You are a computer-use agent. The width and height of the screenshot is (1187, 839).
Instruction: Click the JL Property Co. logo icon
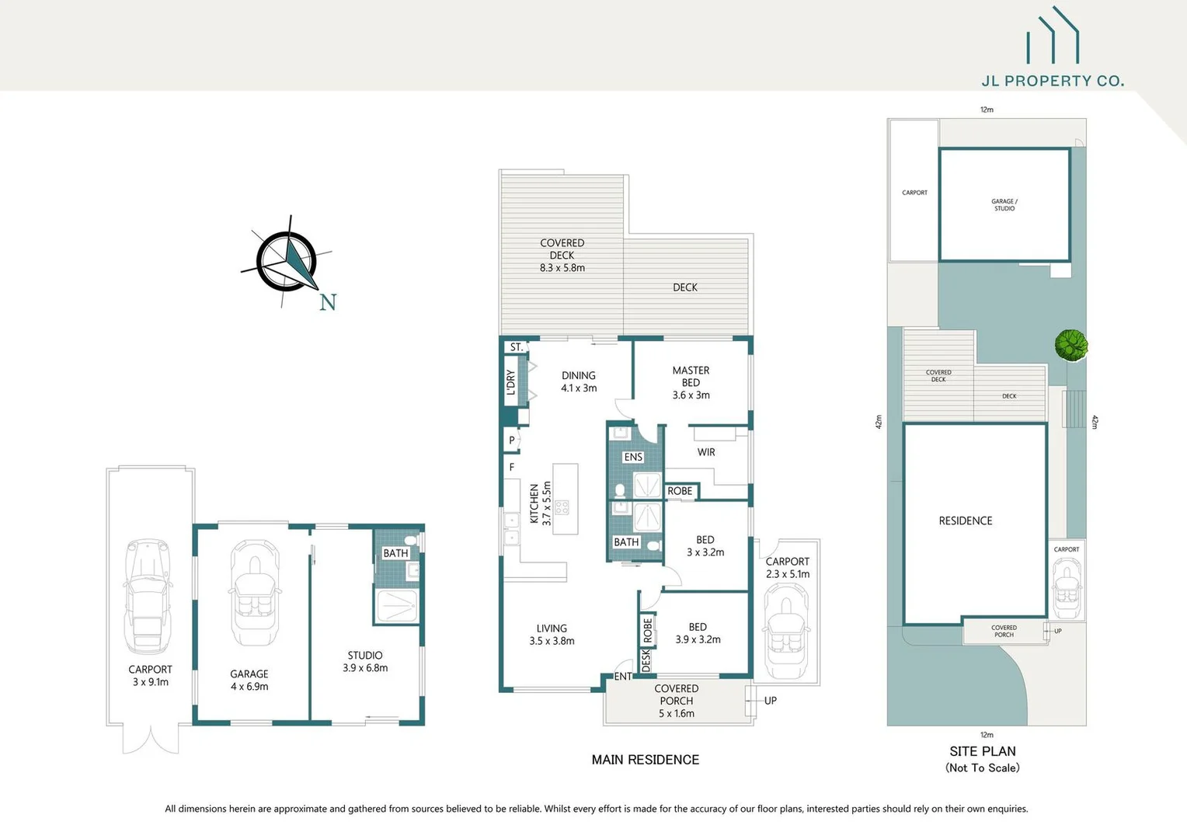coord(1053,37)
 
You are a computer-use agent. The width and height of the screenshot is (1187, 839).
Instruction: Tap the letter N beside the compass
coord(328,302)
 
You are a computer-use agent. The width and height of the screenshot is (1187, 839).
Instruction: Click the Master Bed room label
coord(691,382)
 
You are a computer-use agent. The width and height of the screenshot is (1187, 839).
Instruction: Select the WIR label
coord(705,452)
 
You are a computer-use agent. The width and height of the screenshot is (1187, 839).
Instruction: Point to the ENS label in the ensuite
coord(633,457)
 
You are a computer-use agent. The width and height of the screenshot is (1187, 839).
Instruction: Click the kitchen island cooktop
coord(562,507)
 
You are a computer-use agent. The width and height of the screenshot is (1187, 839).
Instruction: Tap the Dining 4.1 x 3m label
coord(579,381)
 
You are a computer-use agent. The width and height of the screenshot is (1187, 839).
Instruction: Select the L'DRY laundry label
coord(511,382)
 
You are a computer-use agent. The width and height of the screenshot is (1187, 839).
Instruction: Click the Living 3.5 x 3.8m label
coord(552,635)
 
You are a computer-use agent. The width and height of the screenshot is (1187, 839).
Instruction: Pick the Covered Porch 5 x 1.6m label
coord(676,701)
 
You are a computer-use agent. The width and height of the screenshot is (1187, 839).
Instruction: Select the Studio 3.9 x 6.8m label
coord(365,661)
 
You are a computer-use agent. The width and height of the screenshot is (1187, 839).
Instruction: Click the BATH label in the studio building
coord(395,553)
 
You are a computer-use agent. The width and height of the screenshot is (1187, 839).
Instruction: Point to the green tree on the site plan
coord(1070,345)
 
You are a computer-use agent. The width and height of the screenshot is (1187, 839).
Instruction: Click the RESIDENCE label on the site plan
coord(965,520)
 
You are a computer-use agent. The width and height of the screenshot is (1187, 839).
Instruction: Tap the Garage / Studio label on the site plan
coord(1004,205)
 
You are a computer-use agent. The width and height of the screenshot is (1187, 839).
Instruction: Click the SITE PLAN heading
coord(982,751)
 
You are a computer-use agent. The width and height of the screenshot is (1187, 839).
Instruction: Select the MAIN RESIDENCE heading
coord(645,760)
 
